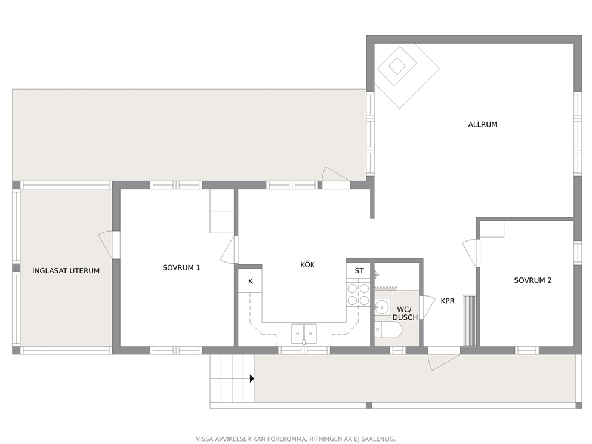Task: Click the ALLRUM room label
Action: tap(483, 124)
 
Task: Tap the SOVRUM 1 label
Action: tap(181, 268)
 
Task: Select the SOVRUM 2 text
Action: tap(533, 280)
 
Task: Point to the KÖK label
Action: tap(307, 264)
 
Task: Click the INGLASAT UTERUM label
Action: tap(66, 271)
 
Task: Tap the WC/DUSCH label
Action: tap(405, 313)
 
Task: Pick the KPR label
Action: tap(448, 301)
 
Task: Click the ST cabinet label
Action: tap(359, 271)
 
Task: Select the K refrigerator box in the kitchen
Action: tap(250, 280)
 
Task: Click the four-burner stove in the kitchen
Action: tap(358, 294)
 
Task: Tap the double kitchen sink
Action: tap(304, 334)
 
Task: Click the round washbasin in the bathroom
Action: tap(383, 306)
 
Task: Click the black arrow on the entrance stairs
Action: tap(252, 378)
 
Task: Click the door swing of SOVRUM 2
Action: tap(469, 252)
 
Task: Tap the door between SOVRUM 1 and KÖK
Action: tap(229, 249)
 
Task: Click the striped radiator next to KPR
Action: tap(470, 320)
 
